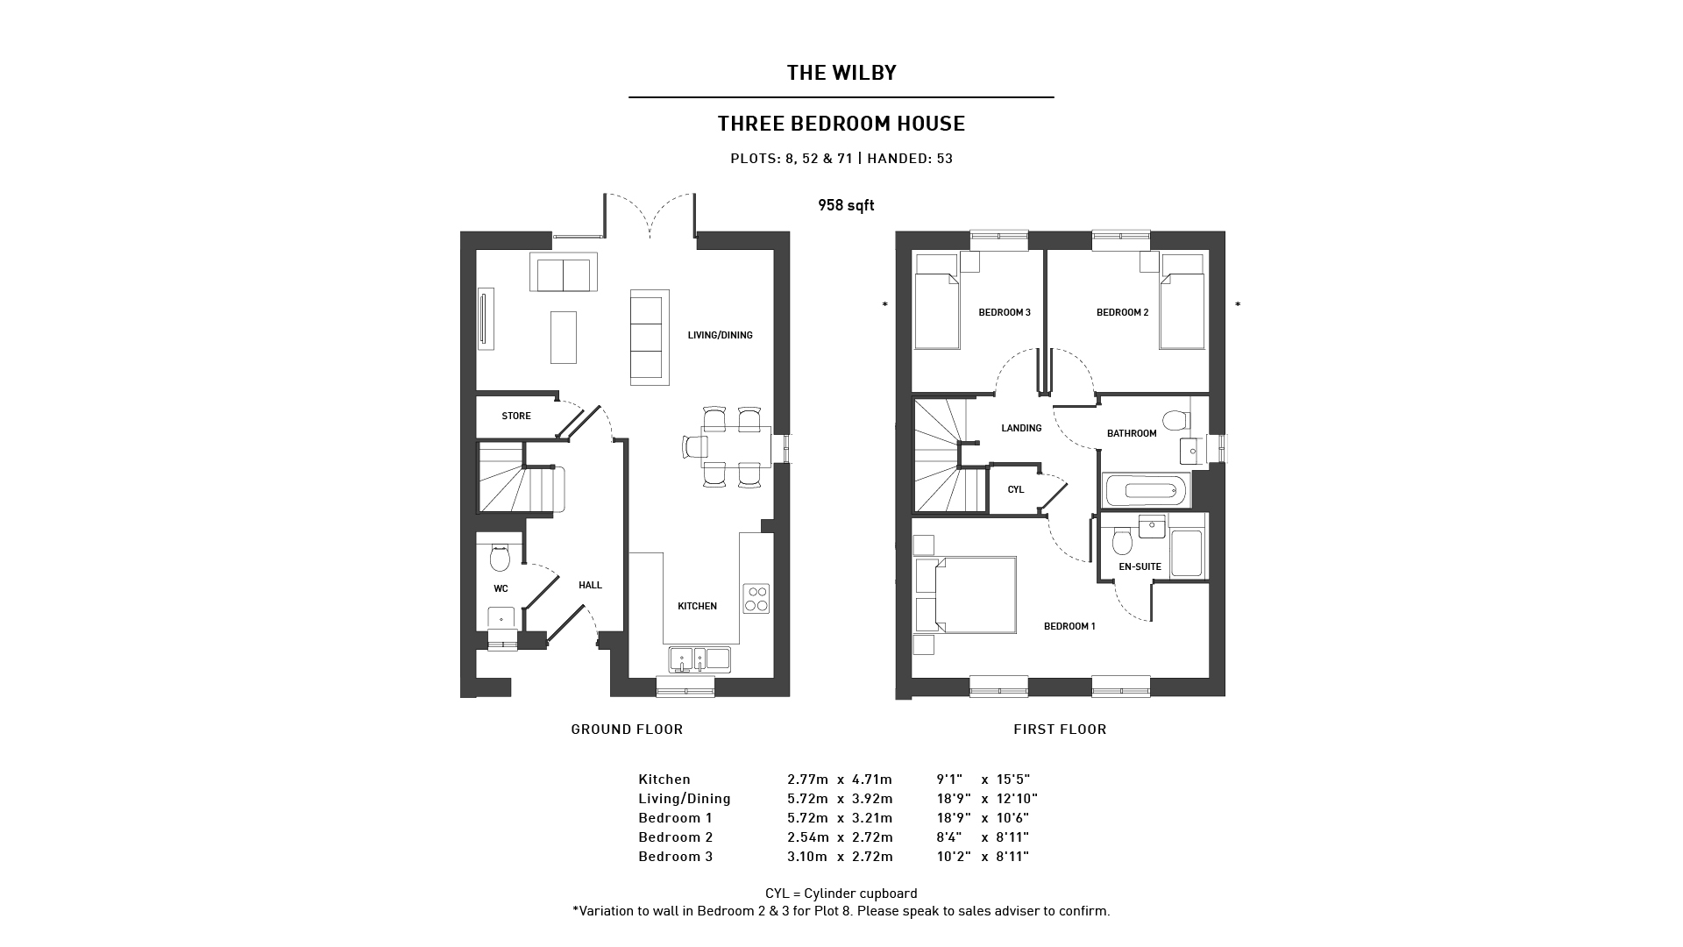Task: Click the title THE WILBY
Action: pos(841,73)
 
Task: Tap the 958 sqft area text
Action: pos(846,205)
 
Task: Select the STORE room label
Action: pos(516,416)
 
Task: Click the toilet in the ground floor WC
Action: pos(500,557)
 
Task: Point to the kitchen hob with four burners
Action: pos(756,598)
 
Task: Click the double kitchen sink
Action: pos(699,659)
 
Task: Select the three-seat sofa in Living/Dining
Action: pos(650,337)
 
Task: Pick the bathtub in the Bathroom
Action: pos(1145,491)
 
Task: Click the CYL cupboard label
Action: pos(1016,489)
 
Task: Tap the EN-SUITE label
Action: pos(1140,566)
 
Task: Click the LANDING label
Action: pos(1021,428)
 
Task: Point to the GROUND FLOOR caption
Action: pos(627,729)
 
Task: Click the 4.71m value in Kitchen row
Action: pos(871,780)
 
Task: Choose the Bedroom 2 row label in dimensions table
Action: pos(675,837)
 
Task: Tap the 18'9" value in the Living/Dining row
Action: pos(949,799)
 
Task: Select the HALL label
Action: pos(590,585)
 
